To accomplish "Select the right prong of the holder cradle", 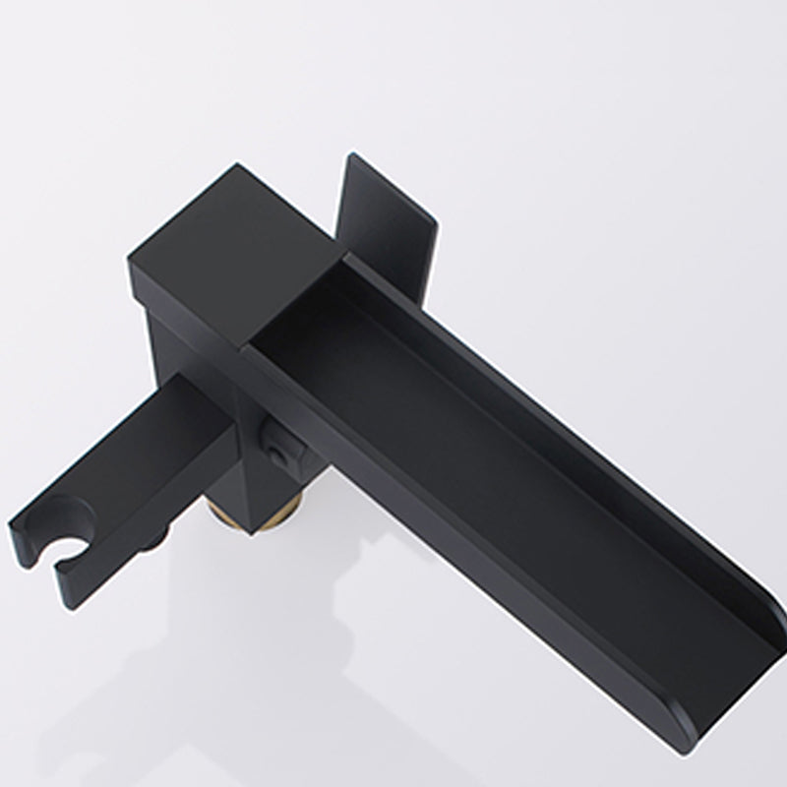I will pyautogui.click(x=98, y=556).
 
